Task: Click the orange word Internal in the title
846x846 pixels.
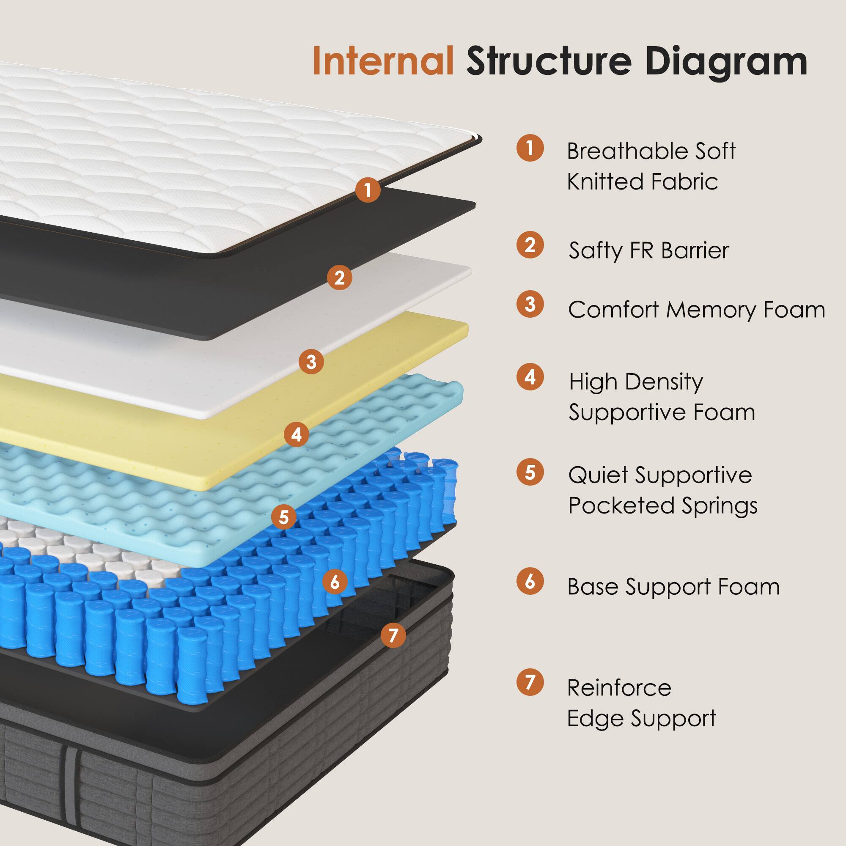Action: (x=383, y=61)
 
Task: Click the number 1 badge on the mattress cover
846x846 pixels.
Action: (x=368, y=190)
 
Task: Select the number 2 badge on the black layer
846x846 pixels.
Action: (x=339, y=277)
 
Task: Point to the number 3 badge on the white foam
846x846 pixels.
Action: (x=311, y=362)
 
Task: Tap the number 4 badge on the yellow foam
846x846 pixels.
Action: (x=297, y=434)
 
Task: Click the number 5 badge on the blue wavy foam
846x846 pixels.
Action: (x=284, y=517)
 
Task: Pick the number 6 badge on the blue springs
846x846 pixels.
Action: (x=335, y=582)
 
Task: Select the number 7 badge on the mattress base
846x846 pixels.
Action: (x=393, y=635)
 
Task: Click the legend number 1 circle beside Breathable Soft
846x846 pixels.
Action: (x=530, y=148)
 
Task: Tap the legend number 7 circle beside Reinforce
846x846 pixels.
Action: (x=530, y=682)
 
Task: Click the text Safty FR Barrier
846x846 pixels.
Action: (x=648, y=251)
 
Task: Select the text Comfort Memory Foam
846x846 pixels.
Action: (x=696, y=310)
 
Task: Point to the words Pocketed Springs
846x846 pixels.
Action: (x=662, y=506)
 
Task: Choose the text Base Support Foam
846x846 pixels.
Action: (x=673, y=587)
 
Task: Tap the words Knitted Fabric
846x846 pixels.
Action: (x=642, y=182)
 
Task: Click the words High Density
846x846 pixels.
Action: (x=636, y=382)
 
